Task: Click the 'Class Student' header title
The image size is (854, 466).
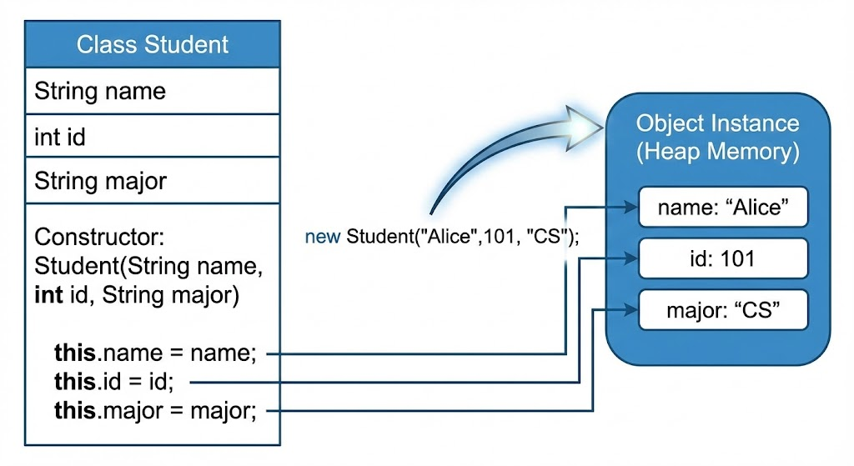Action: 153,45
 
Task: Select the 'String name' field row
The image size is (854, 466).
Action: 153,91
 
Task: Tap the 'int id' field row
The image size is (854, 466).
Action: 153,136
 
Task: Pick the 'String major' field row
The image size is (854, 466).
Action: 153,181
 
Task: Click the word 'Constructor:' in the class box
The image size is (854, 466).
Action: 99,237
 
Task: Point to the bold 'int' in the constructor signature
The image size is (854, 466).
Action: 48,294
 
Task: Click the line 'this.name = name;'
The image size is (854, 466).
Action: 155,353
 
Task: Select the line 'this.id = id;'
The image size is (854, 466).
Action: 113,381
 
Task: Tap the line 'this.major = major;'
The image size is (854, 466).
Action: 155,410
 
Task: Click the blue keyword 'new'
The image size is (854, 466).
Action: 323,236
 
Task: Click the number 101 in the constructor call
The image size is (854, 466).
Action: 500,236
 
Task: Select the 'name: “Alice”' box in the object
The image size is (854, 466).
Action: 723,207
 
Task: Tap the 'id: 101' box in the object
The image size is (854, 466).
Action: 723,258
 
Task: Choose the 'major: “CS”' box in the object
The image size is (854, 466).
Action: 723,310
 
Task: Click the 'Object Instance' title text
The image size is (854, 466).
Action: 718,123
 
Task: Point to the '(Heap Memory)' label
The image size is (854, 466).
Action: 718,152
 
